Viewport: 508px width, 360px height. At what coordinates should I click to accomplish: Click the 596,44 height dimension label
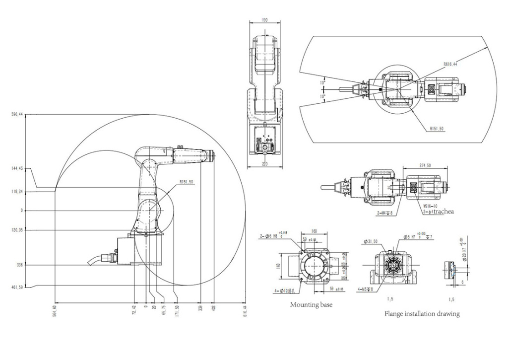coord(18,114)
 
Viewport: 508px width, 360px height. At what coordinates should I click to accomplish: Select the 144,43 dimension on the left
coord(18,169)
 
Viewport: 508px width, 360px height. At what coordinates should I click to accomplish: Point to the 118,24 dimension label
coord(18,191)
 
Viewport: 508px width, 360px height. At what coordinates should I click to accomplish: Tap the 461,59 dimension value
coord(18,287)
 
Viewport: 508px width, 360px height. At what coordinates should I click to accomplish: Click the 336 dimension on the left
coord(20,265)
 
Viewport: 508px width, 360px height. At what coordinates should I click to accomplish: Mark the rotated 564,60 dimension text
coord(55,311)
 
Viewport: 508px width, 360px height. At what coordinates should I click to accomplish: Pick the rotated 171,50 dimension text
coord(177,311)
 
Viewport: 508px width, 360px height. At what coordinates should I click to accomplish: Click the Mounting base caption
coord(311,304)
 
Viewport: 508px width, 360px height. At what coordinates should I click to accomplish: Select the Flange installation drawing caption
coord(422,314)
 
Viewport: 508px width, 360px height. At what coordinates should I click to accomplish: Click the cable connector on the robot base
coord(104,258)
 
